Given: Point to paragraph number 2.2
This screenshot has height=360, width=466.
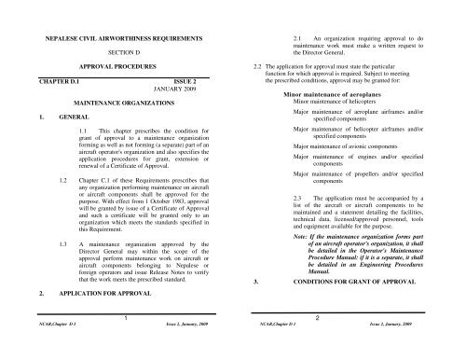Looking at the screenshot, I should pos(247,68).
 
